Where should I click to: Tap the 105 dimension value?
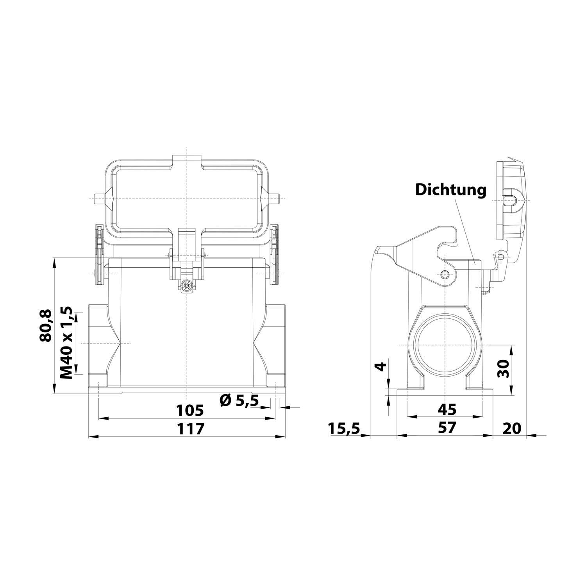[x=189, y=410]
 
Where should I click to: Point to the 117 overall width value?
[x=191, y=429]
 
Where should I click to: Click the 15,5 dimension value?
[x=343, y=428]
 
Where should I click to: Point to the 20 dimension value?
[x=512, y=428]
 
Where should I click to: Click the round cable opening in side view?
[x=445, y=346]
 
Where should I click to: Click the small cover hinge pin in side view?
[x=501, y=257]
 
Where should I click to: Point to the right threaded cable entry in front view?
[x=276, y=343]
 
